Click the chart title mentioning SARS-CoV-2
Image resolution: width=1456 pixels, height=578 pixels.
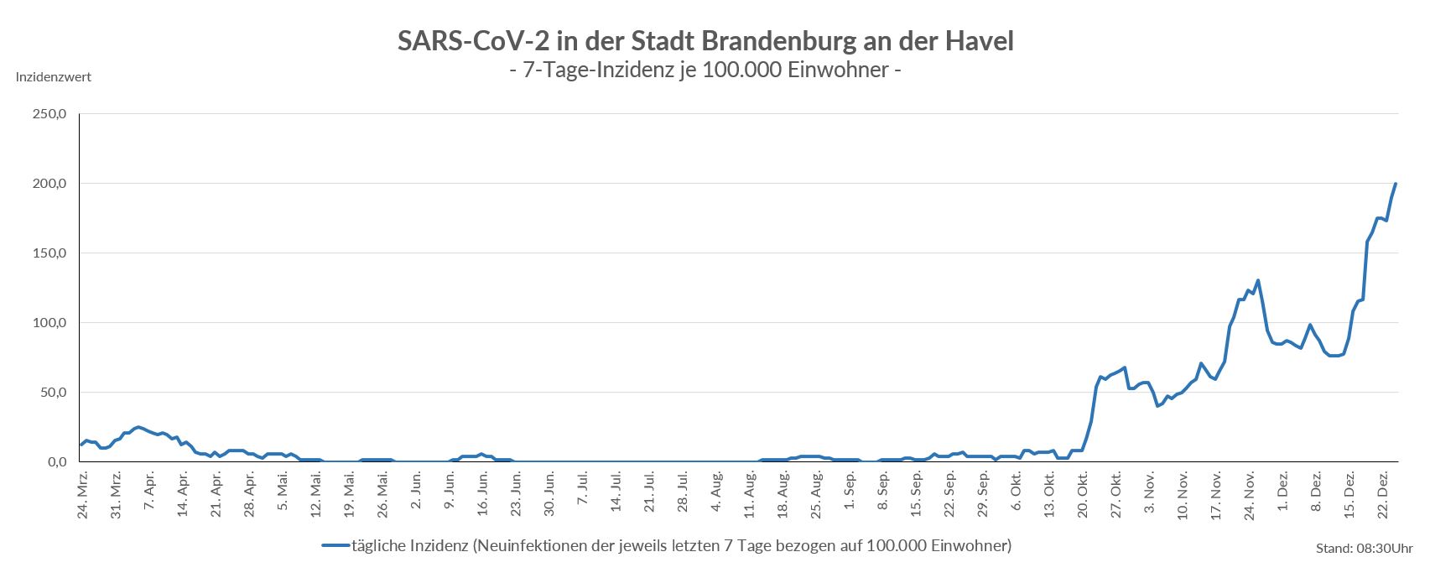pyautogui.click(x=705, y=40)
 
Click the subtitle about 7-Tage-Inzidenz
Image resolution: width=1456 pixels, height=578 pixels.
pyautogui.click(x=705, y=70)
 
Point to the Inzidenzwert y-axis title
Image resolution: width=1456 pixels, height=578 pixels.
pyautogui.click(x=54, y=77)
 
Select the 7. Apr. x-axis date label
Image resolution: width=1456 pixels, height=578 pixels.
pyautogui.click(x=149, y=493)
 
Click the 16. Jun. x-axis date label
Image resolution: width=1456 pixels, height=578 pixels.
pyautogui.click(x=482, y=494)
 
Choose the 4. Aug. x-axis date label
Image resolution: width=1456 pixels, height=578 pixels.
pyautogui.click(x=715, y=493)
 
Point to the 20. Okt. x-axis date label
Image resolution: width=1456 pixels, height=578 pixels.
pyautogui.click(x=1082, y=494)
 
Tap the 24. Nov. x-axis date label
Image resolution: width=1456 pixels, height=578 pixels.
pyautogui.click(x=1249, y=494)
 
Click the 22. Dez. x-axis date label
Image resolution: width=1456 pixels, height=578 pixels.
pyautogui.click(x=1382, y=494)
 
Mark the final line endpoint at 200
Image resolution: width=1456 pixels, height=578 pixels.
pyautogui.click(x=1396, y=184)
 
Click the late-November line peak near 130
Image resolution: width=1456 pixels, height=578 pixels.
pyautogui.click(x=1258, y=280)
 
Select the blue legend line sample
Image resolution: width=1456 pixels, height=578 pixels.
pyautogui.click(x=335, y=546)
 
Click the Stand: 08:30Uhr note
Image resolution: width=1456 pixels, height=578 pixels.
pyautogui.click(x=1365, y=549)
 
